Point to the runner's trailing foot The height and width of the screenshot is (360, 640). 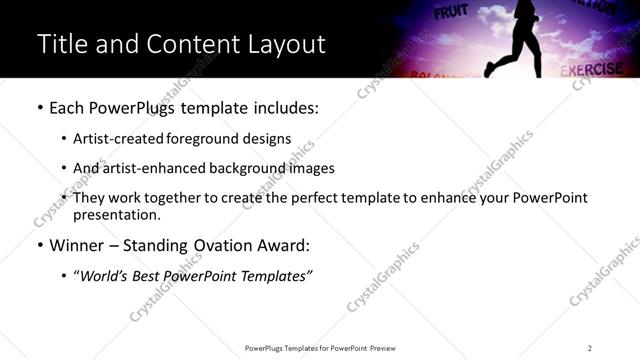click(489, 70)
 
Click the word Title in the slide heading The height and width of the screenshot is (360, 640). click(62, 44)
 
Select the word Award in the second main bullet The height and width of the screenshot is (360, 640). click(289, 245)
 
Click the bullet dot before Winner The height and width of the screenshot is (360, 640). click(39, 246)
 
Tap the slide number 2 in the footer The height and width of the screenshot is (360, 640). click(589, 348)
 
